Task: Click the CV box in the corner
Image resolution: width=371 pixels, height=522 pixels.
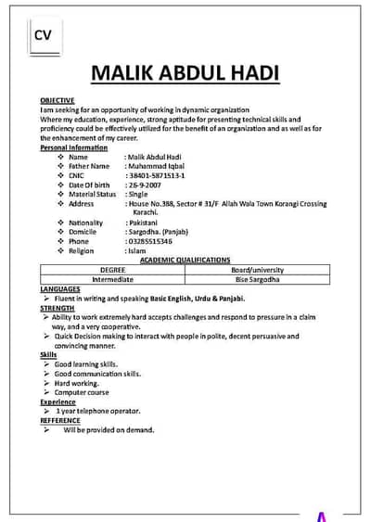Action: [43, 36]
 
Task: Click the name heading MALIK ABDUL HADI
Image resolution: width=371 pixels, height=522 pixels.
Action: [185, 74]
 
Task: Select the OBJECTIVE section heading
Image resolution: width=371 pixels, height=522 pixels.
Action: [57, 99]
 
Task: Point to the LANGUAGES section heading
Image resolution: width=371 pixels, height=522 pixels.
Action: [60, 289]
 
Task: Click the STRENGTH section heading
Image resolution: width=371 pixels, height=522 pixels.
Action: [58, 308]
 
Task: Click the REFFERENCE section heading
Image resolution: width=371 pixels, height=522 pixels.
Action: [61, 420]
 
